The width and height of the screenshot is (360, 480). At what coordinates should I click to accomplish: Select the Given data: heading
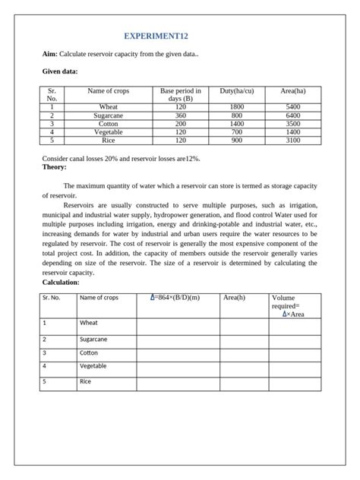[59, 72]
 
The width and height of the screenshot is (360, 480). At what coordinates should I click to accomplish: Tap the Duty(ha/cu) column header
[237, 91]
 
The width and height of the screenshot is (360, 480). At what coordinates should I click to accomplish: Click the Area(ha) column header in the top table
[293, 91]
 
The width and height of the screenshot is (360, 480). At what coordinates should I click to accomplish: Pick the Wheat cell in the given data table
[108, 107]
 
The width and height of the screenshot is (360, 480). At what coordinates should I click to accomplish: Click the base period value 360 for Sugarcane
[180, 115]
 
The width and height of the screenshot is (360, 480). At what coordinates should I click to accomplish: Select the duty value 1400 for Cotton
[237, 124]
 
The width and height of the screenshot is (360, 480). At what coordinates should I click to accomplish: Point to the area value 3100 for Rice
[293, 141]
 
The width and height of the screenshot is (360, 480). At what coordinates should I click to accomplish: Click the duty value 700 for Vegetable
[237, 132]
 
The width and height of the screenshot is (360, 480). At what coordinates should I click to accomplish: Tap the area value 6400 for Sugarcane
[293, 115]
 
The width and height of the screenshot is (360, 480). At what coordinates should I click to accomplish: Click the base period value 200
[180, 124]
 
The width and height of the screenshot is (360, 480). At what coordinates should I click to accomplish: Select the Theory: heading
[55, 167]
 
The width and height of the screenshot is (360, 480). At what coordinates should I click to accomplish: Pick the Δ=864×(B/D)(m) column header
[175, 298]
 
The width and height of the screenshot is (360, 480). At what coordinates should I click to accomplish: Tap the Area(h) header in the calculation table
[235, 298]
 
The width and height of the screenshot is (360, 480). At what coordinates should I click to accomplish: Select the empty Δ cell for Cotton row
[178, 354]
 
